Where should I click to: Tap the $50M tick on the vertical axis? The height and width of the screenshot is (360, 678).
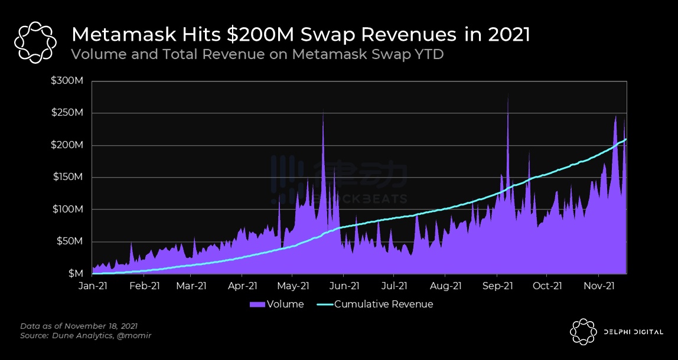pos(71,241)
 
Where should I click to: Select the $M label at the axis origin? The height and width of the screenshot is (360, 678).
pos(76,274)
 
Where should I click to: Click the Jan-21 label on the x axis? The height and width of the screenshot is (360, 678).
pos(93,286)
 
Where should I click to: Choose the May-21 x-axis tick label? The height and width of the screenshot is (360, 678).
pos(293,286)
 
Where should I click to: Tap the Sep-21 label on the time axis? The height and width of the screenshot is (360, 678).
pos(497,286)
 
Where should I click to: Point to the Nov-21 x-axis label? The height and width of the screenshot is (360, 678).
pos(599,286)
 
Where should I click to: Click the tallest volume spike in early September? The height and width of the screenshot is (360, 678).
pos(508,98)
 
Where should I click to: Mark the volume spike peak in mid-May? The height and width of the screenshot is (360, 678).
pos(323,111)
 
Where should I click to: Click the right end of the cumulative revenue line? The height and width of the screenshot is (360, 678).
pos(626,139)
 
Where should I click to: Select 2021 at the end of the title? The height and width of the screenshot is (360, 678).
pos(509,34)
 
